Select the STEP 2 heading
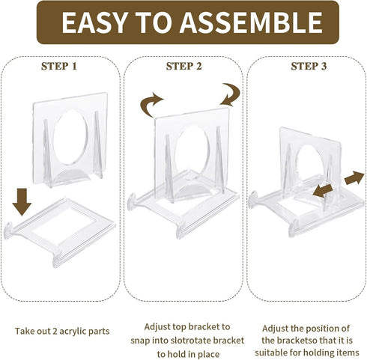tap(183, 66)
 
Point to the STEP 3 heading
tap(309, 66)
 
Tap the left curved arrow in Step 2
tap(151, 103)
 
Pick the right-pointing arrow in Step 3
tap(354, 179)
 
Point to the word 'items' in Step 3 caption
tap(347, 352)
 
